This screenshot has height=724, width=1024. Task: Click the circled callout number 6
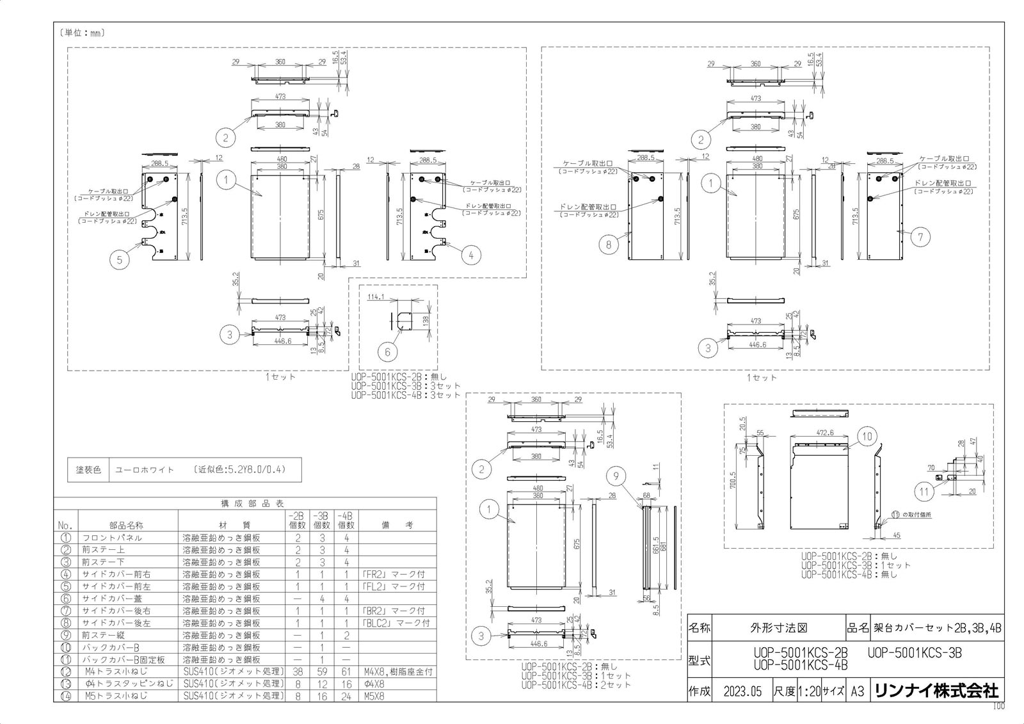pyautogui.click(x=388, y=351)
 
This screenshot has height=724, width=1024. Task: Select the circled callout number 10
pyautogui.click(x=867, y=437)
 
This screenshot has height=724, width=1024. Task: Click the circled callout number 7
pyautogui.click(x=920, y=237)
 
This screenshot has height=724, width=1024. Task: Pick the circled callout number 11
pyautogui.click(x=924, y=492)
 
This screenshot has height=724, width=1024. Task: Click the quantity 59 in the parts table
pyautogui.click(x=322, y=672)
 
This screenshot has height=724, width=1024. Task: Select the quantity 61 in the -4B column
pyautogui.click(x=346, y=672)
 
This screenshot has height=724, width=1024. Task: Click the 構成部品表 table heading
pyautogui.click(x=246, y=504)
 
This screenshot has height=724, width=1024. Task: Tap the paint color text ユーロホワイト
pyautogui.click(x=145, y=469)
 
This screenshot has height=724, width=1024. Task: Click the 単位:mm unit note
pyautogui.click(x=81, y=32)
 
